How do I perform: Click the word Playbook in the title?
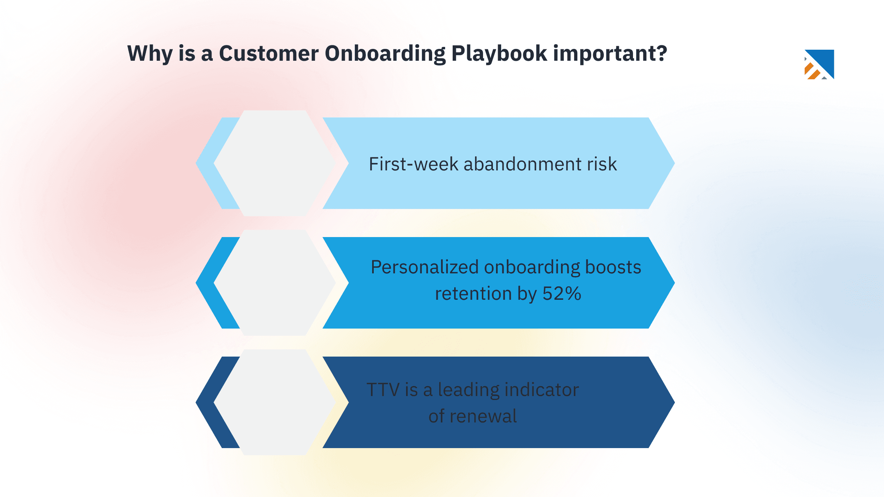point(499,54)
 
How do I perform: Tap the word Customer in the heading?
point(268,54)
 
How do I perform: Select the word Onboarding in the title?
point(385,54)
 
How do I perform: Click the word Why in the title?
point(150,54)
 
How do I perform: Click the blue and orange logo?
point(819,64)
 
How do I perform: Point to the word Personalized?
point(425,267)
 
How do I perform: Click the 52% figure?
point(562,293)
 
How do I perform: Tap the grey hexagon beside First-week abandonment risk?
point(275,163)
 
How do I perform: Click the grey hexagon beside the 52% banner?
point(275,282)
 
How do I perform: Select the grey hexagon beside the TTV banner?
point(275,402)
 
